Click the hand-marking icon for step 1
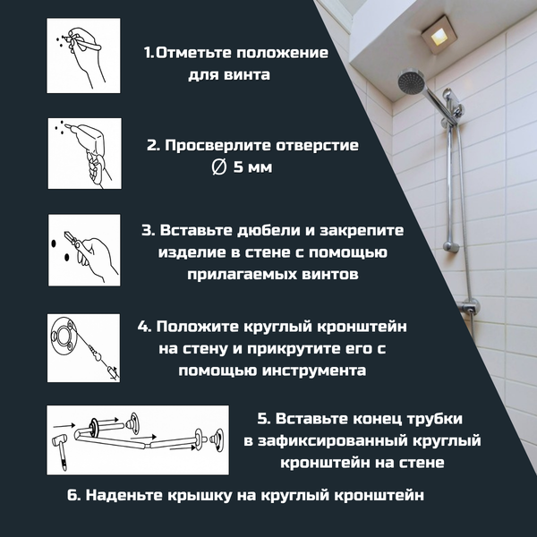82,57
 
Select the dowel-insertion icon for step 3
82,250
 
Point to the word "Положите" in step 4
202,327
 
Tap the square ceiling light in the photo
439,37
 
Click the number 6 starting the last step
72,494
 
